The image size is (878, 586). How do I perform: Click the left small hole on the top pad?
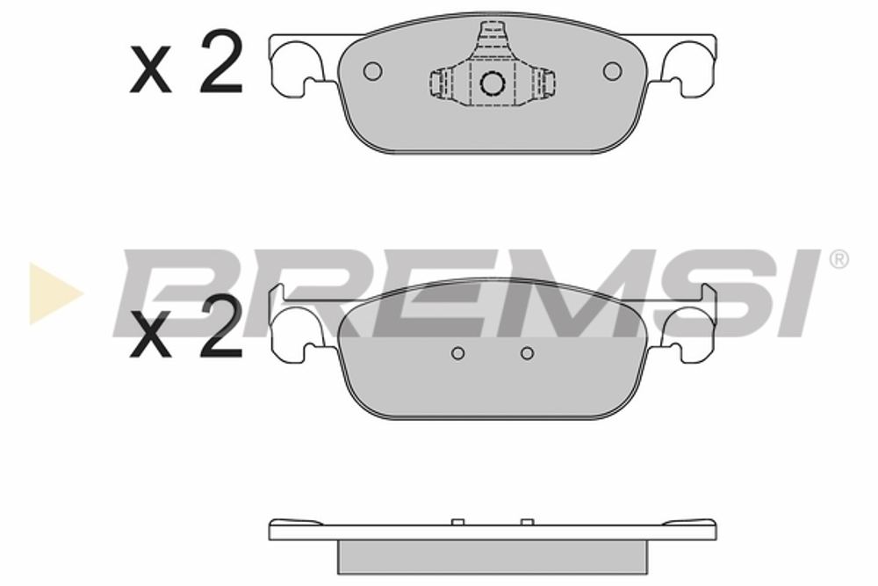click(x=371, y=71)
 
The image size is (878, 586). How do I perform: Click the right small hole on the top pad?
click(x=612, y=71)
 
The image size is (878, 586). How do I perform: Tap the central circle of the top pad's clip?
click(x=492, y=83)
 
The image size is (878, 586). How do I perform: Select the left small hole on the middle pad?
click(x=457, y=353)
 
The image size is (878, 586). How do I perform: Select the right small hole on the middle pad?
click(x=527, y=353)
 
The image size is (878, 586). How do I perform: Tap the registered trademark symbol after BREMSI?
click(x=838, y=260)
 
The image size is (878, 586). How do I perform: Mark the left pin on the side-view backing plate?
click(x=457, y=522)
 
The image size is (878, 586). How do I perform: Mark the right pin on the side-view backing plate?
click(x=527, y=522)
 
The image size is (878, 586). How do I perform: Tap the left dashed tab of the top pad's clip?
click(x=440, y=83)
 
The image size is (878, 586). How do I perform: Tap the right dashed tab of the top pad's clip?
click(x=545, y=83)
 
